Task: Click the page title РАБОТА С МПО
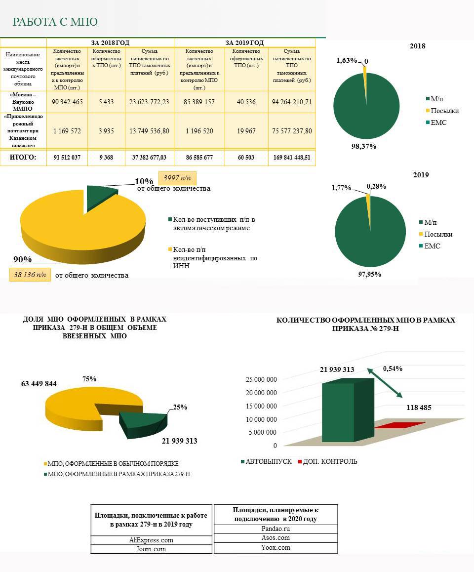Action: click(55, 22)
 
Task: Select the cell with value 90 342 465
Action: click(67, 102)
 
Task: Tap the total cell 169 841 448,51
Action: click(291, 158)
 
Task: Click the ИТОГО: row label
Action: click(23, 158)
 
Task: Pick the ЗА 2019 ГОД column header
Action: click(244, 43)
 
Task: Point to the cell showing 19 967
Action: click(246, 131)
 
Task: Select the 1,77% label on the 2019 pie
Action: click(341, 188)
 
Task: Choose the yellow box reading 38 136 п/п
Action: click(30, 274)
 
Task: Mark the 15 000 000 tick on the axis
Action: click(261, 406)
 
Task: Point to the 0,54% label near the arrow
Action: click(393, 368)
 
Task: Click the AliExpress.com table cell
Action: click(151, 540)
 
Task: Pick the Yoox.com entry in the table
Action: click(276, 547)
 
